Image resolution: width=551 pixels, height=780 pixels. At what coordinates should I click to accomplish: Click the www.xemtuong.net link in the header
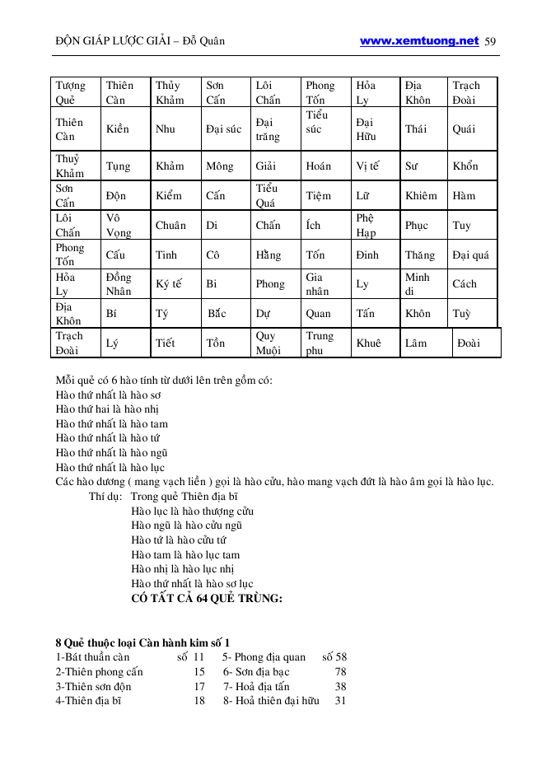[419, 40]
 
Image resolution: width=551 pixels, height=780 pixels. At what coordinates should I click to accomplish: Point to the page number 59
[491, 41]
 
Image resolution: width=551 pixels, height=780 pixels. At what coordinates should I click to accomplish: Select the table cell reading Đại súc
[223, 129]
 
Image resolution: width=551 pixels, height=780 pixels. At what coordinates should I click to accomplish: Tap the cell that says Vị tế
[367, 166]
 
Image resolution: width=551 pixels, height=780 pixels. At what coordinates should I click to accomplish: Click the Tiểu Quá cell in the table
[266, 195]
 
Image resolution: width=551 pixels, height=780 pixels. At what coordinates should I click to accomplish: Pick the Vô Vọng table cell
[119, 225]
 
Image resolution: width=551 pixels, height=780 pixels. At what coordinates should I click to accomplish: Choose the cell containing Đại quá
[470, 255]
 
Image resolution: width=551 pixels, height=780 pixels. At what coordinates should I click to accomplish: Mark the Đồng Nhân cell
[119, 284]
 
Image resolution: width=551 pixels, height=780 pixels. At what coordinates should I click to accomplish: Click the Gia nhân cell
[317, 284]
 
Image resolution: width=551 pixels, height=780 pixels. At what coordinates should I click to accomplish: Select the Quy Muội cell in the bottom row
[268, 343]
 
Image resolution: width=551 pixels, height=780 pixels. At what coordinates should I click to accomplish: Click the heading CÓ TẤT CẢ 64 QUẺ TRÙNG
[207, 599]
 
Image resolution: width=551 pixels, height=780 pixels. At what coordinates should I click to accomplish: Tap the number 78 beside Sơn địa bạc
[340, 672]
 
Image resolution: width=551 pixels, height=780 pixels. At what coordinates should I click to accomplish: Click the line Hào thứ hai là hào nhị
[107, 409]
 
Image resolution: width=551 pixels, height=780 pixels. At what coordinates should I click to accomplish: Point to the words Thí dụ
[105, 497]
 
